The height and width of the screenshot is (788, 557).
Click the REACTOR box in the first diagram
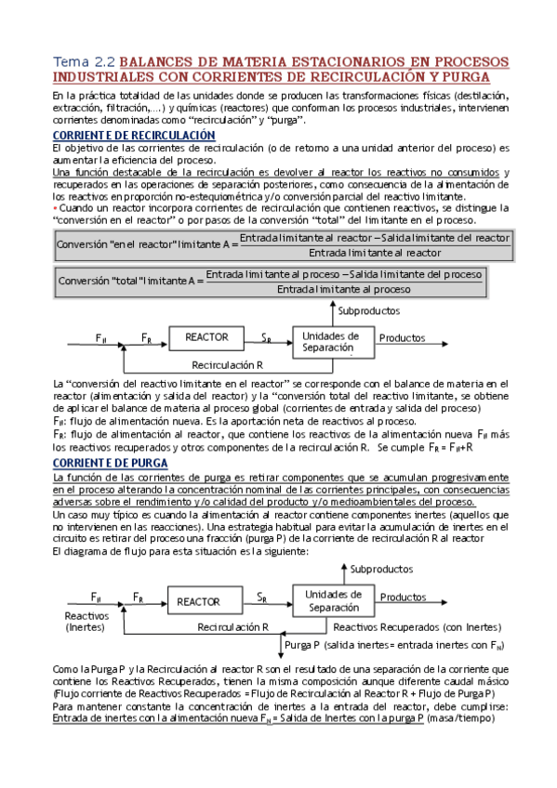(x=206, y=337)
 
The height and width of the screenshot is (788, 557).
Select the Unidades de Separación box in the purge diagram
(x=332, y=600)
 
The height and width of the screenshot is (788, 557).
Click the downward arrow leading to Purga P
(x=279, y=636)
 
